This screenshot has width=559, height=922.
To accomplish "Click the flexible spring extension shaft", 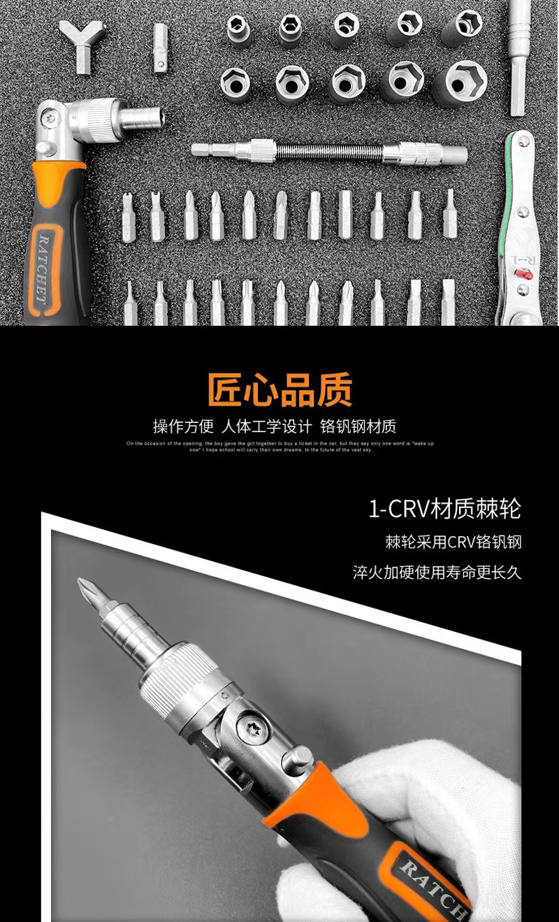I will (329, 151).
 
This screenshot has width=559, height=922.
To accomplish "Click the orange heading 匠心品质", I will (279, 389).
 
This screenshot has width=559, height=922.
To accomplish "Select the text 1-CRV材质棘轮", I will (444, 509).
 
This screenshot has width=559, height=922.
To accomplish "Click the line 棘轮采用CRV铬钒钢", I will (453, 542).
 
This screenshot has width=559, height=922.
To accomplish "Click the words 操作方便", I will (183, 426).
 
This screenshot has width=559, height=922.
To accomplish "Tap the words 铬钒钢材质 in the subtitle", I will (358, 426).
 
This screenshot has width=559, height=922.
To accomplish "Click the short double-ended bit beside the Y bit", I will (160, 47).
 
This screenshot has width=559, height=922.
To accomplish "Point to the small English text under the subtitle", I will (279, 447).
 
